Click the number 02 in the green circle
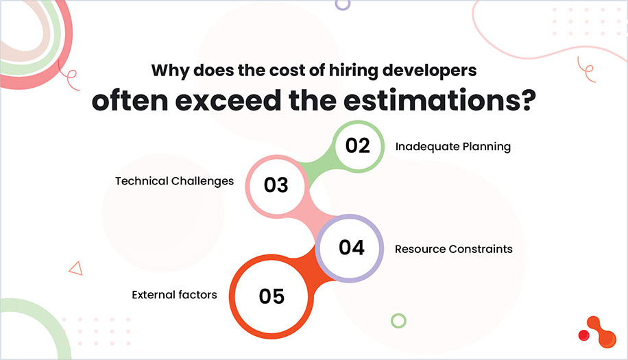(x=357, y=146)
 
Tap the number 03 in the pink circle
(x=276, y=185)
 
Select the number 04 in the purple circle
(x=351, y=248)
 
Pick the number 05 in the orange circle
(x=271, y=296)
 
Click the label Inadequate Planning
(x=452, y=146)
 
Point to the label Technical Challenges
(x=174, y=182)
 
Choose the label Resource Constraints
(x=453, y=249)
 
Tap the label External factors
(x=174, y=295)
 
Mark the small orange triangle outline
(x=75, y=268)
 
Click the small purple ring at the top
(x=342, y=3)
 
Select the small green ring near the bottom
(x=398, y=320)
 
